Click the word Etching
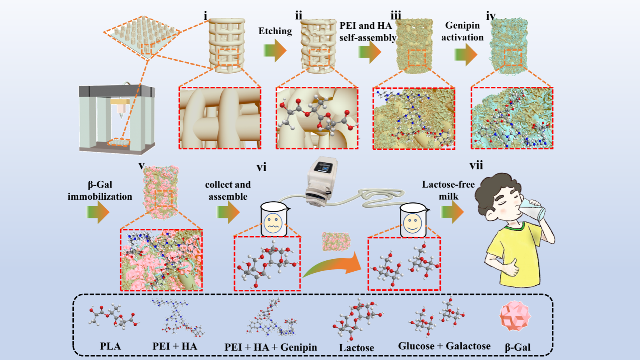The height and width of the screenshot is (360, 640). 275,31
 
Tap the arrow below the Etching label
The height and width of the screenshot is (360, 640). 275,51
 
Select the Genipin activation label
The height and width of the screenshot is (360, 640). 462,31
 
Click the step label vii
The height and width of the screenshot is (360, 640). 476,165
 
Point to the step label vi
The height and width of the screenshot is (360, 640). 261,167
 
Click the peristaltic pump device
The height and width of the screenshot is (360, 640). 321,181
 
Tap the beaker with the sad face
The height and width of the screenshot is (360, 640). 273,220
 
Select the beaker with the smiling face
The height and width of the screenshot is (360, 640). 413,221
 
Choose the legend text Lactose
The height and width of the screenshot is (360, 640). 356,348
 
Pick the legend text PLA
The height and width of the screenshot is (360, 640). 110,346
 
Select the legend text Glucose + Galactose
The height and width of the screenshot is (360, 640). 444,346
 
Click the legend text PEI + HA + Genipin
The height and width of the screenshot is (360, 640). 271,347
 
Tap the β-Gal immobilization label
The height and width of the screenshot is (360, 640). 100,191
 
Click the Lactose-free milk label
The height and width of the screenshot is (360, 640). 448,190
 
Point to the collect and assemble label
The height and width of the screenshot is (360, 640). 228,191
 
